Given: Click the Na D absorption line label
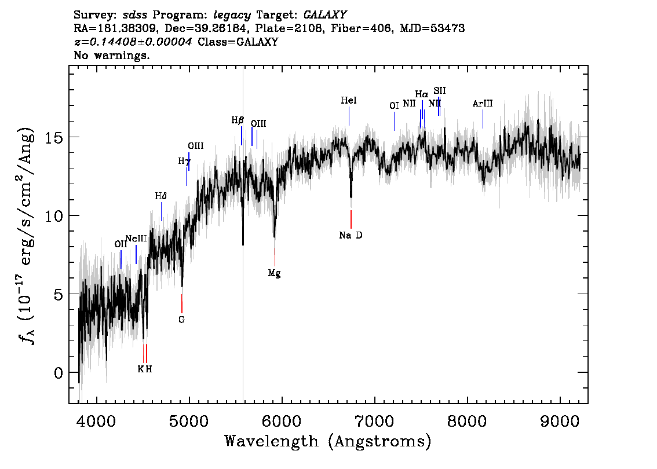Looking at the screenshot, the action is coord(351,235).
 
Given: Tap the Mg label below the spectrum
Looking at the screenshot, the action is coord(275,273).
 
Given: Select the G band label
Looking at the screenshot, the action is coord(181,320).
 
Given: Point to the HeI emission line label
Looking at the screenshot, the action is coord(349,101).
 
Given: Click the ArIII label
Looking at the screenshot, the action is coord(483,104).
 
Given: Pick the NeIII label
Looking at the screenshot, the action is coord(136,239).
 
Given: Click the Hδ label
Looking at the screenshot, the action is coord(161,196).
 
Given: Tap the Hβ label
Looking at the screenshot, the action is coord(238,120).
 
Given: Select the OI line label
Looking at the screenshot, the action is coord(395,106).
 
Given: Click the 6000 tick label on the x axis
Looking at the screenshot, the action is coord(282,420).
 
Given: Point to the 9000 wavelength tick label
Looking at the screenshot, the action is coord(560,420).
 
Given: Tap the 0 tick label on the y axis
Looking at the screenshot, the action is coord(59,373).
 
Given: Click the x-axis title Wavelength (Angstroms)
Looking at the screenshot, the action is coord(328,441).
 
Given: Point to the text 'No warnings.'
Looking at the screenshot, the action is coord(111,55).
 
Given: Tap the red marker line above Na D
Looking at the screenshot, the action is coord(351,219).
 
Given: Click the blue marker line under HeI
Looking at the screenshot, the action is coord(349,116).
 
